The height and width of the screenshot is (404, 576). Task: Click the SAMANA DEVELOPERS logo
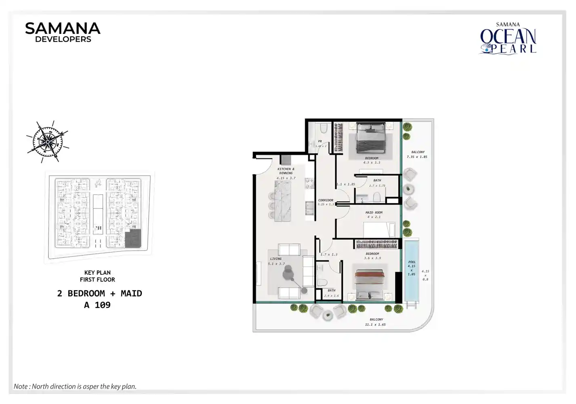(63, 32)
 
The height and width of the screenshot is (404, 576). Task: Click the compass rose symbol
(47, 141)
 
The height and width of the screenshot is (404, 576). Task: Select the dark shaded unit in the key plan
(132, 238)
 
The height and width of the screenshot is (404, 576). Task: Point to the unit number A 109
(97, 305)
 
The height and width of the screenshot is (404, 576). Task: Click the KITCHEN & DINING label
(286, 171)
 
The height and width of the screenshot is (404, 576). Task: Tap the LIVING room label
(276, 259)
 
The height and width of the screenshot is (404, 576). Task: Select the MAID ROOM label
(374, 213)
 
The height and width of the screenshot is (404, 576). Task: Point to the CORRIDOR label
(326, 200)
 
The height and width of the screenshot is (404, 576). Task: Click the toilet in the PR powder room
(323, 128)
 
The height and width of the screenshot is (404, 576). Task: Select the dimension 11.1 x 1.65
(375, 324)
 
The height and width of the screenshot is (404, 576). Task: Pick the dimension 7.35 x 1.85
(417, 157)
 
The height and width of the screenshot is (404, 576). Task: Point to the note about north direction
(75, 386)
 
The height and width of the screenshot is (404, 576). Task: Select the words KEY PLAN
(97, 273)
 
